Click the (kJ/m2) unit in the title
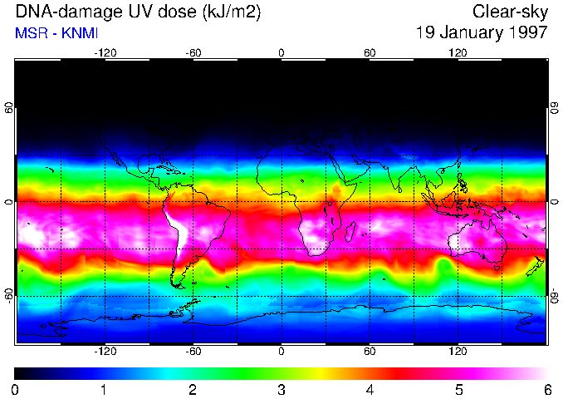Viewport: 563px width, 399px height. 237,12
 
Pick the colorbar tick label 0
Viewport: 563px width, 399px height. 16,389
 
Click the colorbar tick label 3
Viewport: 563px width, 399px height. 281,389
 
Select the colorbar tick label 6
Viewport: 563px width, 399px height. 547,389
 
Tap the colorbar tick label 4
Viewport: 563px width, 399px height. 370,389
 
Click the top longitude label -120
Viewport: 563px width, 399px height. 105,53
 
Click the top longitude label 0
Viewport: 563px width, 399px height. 281,53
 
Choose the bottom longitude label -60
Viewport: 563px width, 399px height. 193,352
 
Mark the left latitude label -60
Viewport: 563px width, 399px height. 9,295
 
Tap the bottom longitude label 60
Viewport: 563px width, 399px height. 370,352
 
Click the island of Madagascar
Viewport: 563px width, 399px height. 351,233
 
